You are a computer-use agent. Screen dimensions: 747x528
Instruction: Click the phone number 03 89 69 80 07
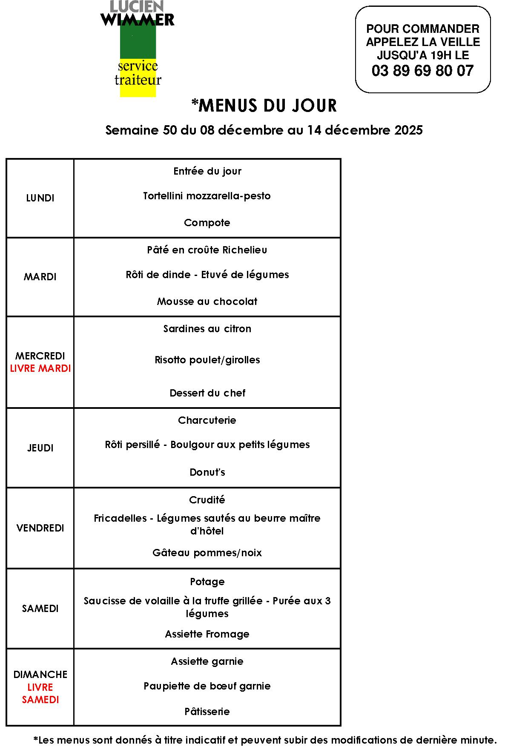422,71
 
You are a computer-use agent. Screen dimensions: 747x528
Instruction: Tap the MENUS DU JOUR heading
264,106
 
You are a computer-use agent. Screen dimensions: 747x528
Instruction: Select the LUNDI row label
40,198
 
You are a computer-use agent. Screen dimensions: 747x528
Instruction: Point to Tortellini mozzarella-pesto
207,196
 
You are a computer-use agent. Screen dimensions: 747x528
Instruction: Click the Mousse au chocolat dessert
207,302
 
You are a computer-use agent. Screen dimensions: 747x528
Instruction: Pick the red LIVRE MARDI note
40,368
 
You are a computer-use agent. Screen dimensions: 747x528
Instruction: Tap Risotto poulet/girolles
207,360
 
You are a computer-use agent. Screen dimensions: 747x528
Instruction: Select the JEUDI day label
40,448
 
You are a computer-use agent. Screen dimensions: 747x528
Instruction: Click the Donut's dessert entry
207,472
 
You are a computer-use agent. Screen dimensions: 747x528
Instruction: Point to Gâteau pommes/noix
207,553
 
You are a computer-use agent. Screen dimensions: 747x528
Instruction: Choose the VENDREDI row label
40,528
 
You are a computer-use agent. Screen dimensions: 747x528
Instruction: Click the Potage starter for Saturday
207,582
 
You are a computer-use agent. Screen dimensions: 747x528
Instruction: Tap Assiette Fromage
207,634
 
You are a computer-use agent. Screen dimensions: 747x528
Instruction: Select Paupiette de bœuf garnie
207,686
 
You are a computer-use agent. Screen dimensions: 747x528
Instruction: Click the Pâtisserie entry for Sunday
207,712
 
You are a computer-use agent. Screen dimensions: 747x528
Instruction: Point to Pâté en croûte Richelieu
207,250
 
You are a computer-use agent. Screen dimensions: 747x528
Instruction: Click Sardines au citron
207,329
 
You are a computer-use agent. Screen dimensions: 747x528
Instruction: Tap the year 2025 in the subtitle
408,130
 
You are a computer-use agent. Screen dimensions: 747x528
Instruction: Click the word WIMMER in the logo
137,20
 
